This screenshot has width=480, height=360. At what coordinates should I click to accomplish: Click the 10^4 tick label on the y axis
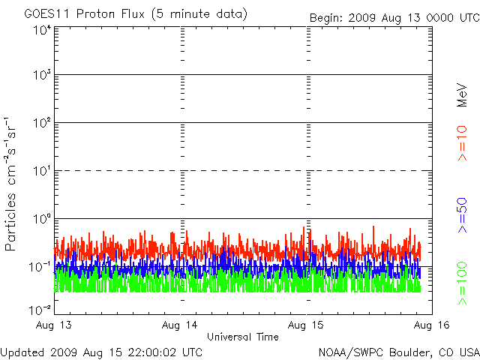point(41,31)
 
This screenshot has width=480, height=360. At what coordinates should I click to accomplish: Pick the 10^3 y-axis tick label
point(41,76)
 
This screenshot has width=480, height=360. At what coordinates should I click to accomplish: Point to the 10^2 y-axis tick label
point(41,124)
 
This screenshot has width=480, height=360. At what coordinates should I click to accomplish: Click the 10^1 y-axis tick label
point(41,172)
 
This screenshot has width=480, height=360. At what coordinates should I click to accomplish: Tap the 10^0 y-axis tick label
point(41,220)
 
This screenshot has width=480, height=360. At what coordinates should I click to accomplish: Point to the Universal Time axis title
point(242,337)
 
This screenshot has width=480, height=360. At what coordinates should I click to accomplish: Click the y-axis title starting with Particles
point(13,184)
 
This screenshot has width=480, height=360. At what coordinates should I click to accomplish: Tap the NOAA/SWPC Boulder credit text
point(398,351)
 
